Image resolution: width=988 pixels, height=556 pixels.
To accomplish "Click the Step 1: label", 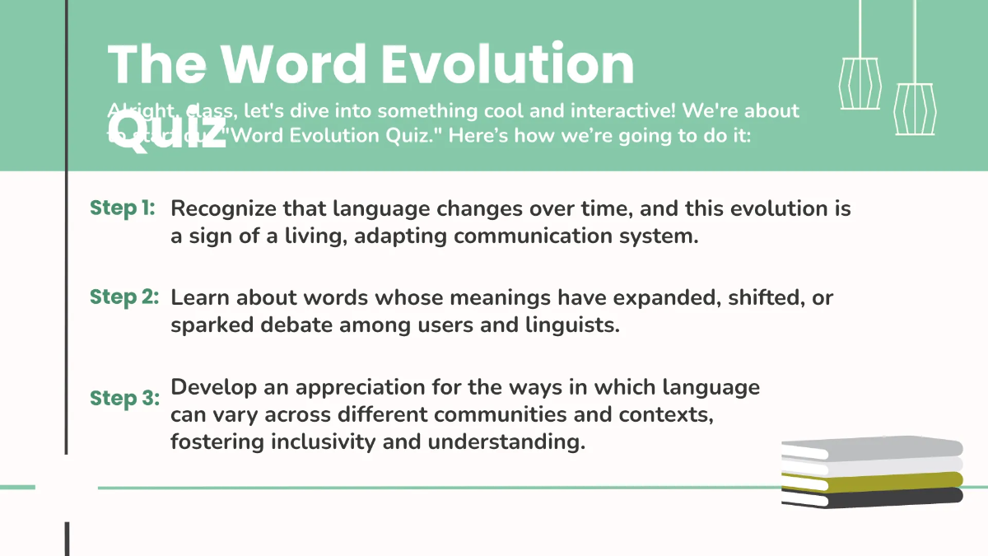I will tap(122, 208).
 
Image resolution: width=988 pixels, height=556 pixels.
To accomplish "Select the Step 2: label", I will tap(123, 297).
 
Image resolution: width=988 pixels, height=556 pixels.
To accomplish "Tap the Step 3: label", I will tap(123, 399).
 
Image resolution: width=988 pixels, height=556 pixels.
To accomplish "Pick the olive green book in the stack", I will tap(873, 480).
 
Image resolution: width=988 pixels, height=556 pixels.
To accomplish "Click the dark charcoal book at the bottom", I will tap(873, 496).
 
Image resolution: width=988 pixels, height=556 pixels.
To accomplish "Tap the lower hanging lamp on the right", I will tap(914, 107).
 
